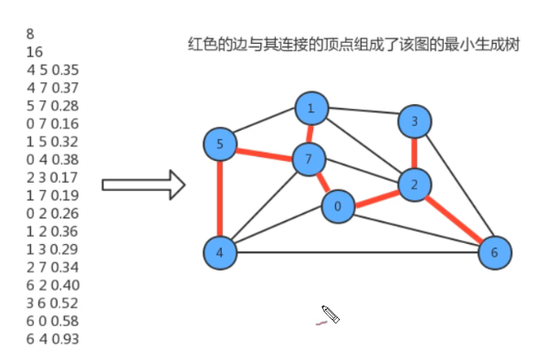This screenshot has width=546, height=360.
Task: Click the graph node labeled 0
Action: (338, 207)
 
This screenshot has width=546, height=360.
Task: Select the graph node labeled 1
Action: (311, 110)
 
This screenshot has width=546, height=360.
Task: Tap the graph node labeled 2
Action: (415, 185)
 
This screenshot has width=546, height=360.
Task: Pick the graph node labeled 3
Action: (415, 121)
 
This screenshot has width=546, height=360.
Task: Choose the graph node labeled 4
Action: (219, 251)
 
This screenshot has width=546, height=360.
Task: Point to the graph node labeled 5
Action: (220, 143)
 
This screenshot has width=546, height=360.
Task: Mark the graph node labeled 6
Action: (495, 251)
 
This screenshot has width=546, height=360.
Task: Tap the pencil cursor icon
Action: (330, 315)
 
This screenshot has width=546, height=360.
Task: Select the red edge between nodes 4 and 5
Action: (219, 197)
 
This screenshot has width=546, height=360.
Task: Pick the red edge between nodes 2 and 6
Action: (455, 218)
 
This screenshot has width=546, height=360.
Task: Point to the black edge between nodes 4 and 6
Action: (356, 252)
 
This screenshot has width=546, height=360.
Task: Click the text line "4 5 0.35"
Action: (54, 69)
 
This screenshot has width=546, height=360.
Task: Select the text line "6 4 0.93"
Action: (54, 339)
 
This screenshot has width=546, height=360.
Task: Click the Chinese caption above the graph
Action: (353, 44)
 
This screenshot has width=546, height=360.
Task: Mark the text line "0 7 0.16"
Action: (54, 123)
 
